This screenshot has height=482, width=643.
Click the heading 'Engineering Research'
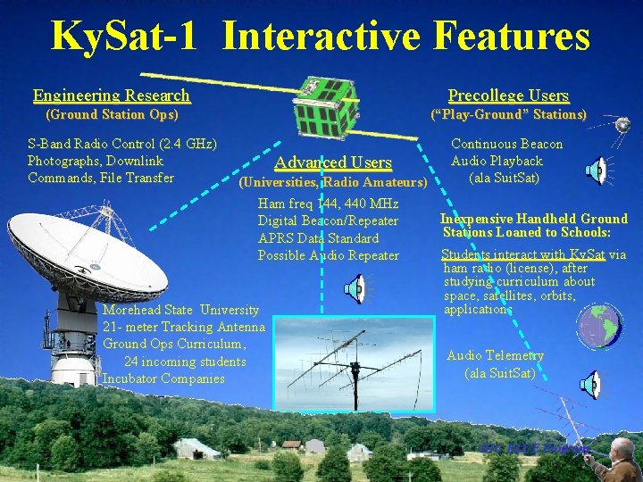pyautogui.click(x=112, y=96)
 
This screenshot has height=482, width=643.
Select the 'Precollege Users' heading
pyautogui.click(x=508, y=96)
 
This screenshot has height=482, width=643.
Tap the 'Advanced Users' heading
pyautogui.click(x=333, y=162)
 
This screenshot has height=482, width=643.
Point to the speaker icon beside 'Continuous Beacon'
pyautogui.click(x=596, y=170)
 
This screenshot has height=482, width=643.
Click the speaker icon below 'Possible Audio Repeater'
pyautogui.click(x=355, y=287)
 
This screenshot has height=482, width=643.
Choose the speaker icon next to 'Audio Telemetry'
pyautogui.click(x=590, y=385)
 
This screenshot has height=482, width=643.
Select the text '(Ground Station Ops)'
pyautogui.click(x=112, y=114)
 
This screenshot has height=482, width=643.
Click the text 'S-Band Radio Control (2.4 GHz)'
pyautogui.click(x=123, y=143)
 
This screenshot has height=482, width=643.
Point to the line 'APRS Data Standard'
pyautogui.click(x=318, y=238)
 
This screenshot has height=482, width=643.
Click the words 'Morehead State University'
pyautogui.click(x=181, y=310)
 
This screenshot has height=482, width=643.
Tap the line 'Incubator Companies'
pyautogui.click(x=163, y=378)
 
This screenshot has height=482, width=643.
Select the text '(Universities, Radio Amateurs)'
pyautogui.click(x=333, y=183)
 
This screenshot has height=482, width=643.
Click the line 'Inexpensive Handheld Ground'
pyautogui.click(x=534, y=219)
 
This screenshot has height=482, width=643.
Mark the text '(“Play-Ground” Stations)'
pyautogui.click(x=508, y=115)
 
